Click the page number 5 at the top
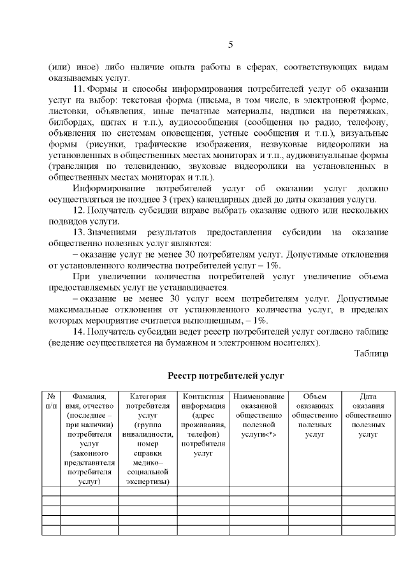[230, 44]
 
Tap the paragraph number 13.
[79, 233]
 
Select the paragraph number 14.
[79, 332]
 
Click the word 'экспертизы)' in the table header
[147, 482]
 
